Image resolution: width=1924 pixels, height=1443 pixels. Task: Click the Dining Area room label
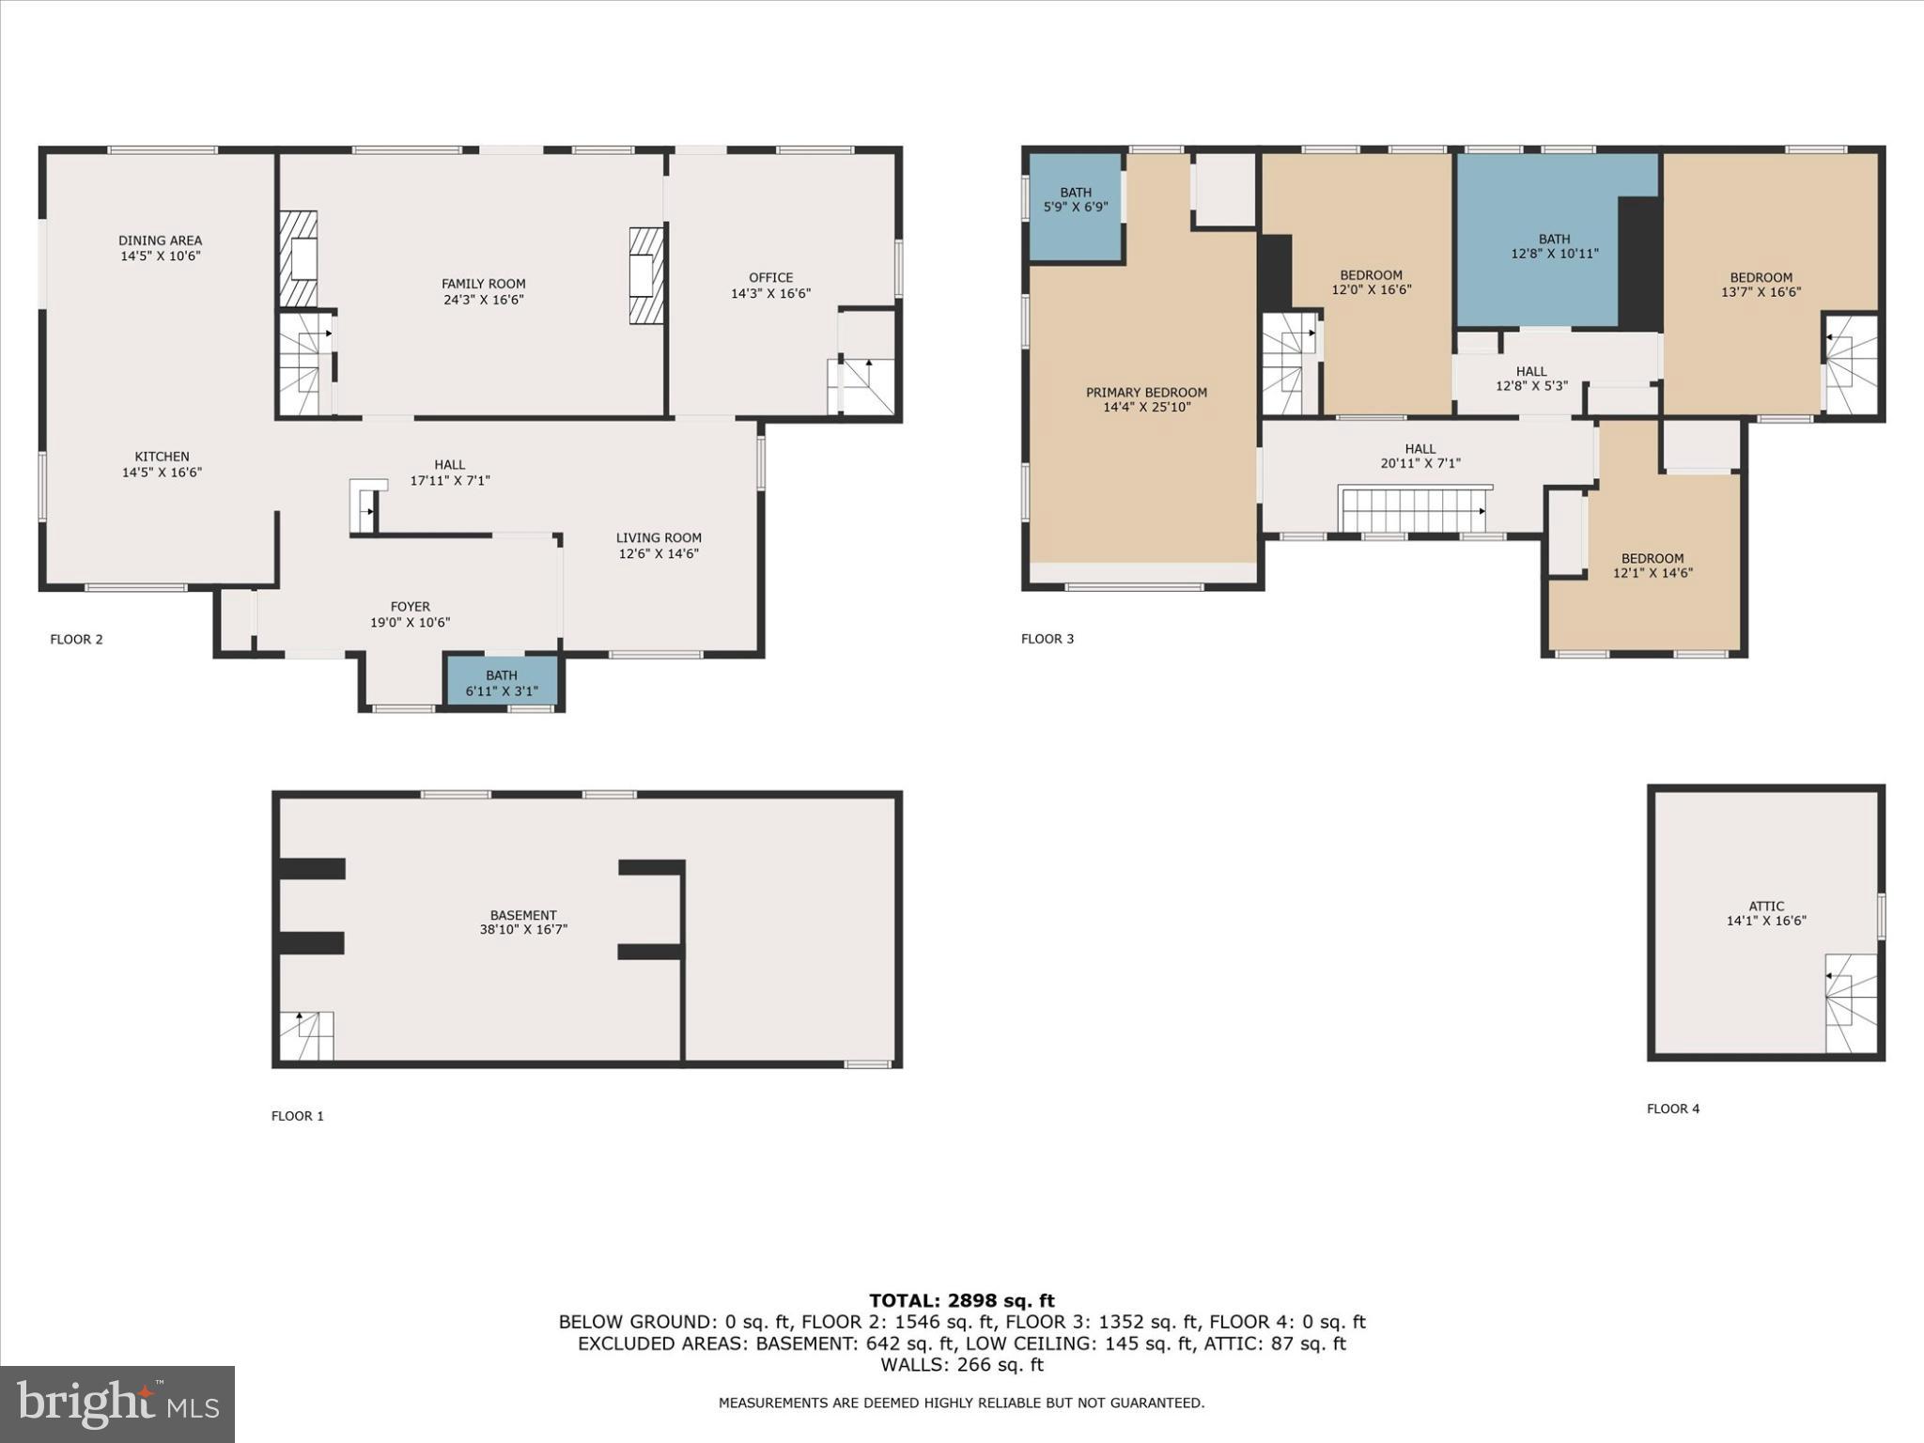point(161,240)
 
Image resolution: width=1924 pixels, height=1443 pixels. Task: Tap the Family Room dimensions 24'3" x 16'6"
point(484,300)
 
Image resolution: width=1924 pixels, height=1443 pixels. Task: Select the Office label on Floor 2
point(771,277)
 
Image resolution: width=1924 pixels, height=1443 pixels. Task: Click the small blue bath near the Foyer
point(502,681)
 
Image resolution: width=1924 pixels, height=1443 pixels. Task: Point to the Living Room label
point(659,537)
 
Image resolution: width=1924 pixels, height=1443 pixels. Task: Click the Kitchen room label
point(162,457)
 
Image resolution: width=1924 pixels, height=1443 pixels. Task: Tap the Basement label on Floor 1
point(523,915)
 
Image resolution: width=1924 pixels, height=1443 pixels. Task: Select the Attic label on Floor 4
point(1767,907)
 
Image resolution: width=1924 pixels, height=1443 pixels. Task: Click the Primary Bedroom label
point(1146,393)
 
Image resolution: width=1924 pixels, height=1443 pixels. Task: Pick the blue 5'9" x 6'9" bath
point(1076,207)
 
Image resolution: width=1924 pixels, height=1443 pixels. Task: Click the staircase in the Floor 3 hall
point(1415,510)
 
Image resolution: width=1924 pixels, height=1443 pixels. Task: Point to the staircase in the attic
point(1851,1003)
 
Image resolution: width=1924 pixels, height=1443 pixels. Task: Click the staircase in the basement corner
point(306,1035)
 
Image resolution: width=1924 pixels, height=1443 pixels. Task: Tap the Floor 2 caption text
point(76,640)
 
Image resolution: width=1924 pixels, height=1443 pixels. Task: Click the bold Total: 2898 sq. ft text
point(962,1300)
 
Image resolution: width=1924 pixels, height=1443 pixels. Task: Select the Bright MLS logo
point(117,1404)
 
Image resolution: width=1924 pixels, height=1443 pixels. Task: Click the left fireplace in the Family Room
point(299,259)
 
